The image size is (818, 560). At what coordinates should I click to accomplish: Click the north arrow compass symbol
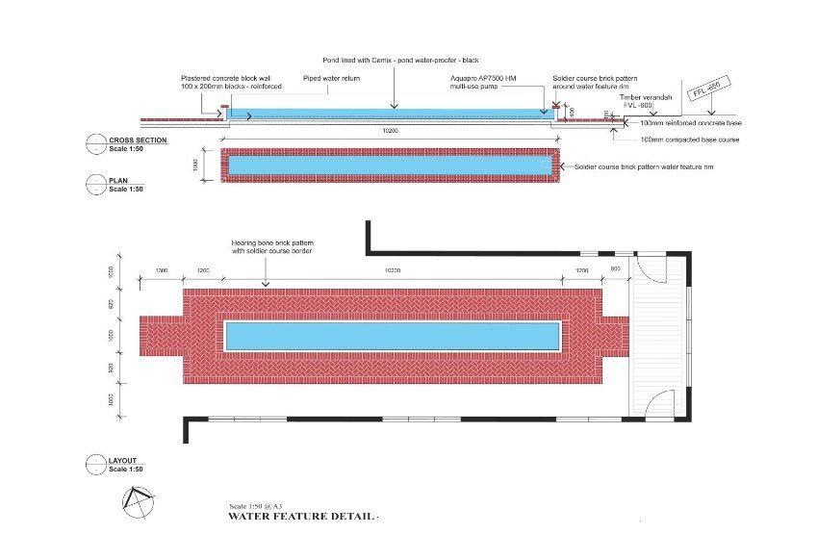point(138,500)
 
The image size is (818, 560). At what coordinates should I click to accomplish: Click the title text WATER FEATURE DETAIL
point(300,517)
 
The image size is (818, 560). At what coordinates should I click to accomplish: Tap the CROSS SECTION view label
point(138,140)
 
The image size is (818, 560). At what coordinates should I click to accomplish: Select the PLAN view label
point(118,179)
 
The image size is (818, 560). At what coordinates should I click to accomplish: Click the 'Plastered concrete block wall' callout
point(225,82)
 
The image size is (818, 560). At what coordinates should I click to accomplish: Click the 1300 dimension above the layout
point(161,271)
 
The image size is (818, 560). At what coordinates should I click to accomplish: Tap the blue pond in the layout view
point(392,336)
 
